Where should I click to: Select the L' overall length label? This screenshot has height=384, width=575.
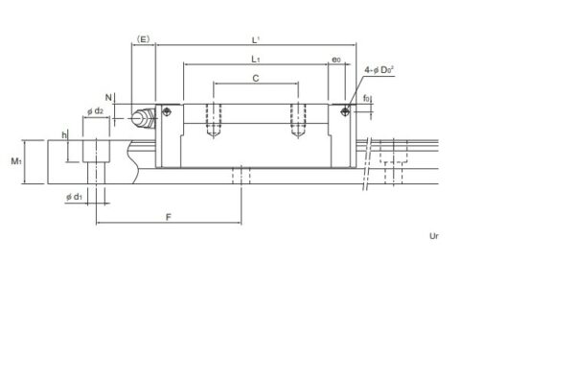[x=256, y=39]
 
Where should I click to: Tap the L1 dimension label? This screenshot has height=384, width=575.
[x=256, y=60]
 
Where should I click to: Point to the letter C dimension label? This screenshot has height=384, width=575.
[x=256, y=78]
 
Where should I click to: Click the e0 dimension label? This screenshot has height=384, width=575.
[x=335, y=60]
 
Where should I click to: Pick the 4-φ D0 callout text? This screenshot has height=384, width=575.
[x=380, y=71]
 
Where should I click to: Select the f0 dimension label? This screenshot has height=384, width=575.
[x=368, y=99]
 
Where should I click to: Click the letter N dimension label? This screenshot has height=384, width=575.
[x=108, y=98]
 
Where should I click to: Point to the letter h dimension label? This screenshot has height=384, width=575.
[x=64, y=136]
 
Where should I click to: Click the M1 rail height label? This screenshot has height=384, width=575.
[x=17, y=161]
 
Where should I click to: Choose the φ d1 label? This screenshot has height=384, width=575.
[x=74, y=197]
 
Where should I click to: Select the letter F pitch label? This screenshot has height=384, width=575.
[x=168, y=217]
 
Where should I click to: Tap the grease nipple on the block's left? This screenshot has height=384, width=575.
[x=145, y=119]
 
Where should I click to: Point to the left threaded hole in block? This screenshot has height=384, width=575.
[x=213, y=120]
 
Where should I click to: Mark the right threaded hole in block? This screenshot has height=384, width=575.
[x=298, y=120]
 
